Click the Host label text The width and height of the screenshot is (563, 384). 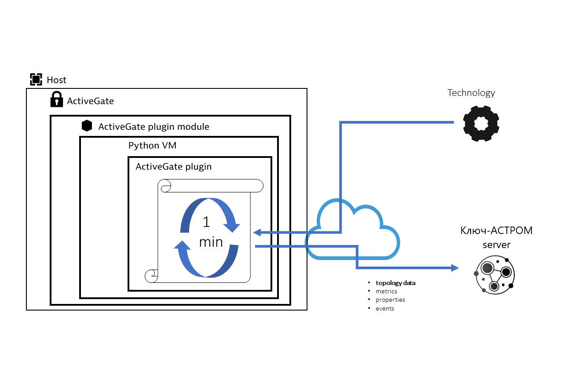click(56, 80)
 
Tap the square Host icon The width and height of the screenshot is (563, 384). click(36, 80)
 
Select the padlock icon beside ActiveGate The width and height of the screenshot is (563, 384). click(56, 99)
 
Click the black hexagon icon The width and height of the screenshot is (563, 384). click(87, 126)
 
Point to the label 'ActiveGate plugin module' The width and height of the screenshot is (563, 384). click(154, 127)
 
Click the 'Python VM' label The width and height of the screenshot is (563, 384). click(152, 145)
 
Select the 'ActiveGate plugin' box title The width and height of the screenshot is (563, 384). click(173, 167)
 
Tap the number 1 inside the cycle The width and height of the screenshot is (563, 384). click(206, 222)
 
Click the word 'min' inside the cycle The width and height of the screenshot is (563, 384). click(211, 241)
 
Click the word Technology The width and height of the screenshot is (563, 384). click(471, 93)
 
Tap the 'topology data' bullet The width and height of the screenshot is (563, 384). click(395, 283)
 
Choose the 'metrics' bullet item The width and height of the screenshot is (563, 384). click(386, 291)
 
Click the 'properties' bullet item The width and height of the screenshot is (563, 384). click(390, 300)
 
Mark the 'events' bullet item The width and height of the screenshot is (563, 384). click(384, 308)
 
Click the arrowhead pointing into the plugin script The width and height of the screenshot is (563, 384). click(257, 232)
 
